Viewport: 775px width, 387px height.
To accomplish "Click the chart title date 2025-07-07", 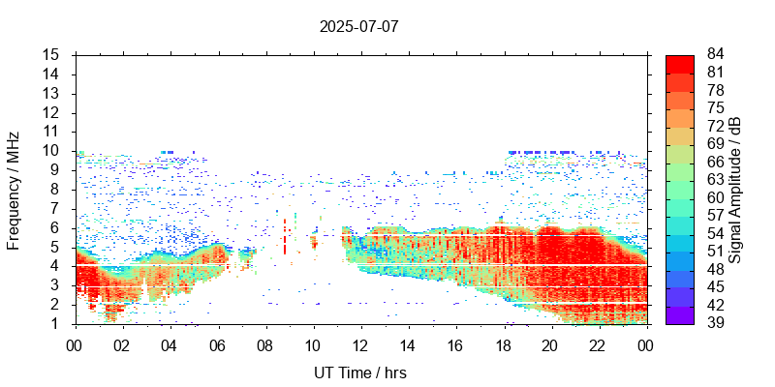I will pos(358,26).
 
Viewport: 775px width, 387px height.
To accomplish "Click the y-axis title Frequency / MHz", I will pos(14,189).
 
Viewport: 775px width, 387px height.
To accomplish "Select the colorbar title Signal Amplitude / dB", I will pos(735,189).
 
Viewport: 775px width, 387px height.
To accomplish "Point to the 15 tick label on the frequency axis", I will pos(54,54).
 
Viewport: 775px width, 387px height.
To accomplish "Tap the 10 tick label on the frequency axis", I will pos(54,150).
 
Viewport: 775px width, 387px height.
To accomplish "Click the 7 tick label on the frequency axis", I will pos(58,208).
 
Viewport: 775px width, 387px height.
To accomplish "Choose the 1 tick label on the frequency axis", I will pos(58,323).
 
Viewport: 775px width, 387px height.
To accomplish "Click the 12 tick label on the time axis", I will pos(361,343).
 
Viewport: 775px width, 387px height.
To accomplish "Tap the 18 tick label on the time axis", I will pos(504,343).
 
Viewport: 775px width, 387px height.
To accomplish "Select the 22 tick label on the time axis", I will pos(599,343).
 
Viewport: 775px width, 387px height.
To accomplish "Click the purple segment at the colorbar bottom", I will pos(680,314).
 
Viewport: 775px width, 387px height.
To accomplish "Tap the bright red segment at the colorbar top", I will pos(680,63).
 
